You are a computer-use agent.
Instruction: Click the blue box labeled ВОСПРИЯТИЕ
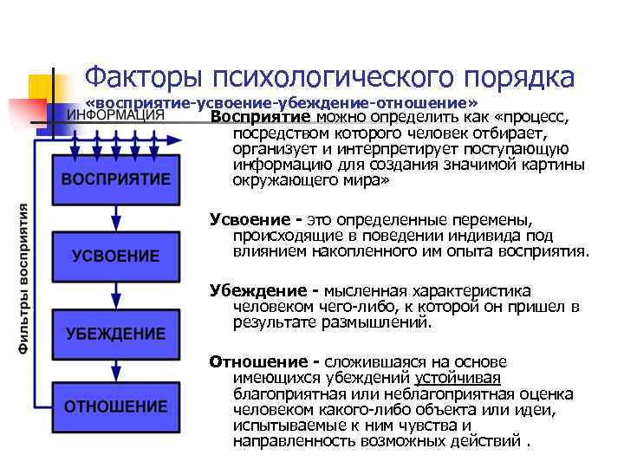115,179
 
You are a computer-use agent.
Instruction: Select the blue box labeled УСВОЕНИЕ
115,256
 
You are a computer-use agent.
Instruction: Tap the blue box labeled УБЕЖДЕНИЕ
115,333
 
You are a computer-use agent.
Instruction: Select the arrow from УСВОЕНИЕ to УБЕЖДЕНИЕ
115,294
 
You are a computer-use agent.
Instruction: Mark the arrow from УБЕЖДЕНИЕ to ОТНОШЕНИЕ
115,370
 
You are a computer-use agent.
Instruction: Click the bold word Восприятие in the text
261,117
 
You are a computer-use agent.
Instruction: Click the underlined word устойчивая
458,378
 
